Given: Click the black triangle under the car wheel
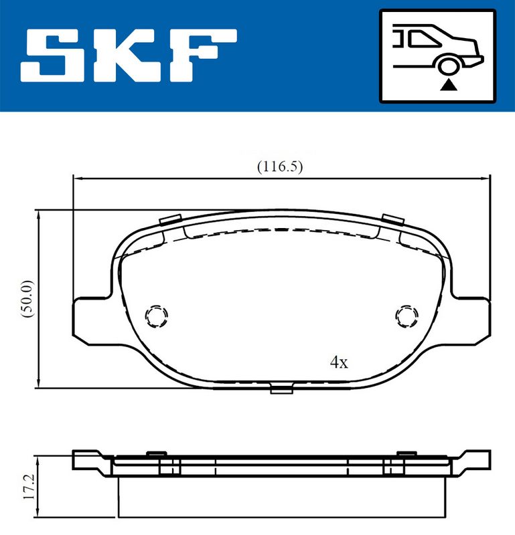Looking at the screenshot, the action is (x=448, y=85).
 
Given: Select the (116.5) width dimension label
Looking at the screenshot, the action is (x=280, y=167).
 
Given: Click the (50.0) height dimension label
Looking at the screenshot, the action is (x=27, y=299).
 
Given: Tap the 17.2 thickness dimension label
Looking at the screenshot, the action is (x=29, y=487).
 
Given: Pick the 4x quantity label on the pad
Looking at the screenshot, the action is (x=339, y=362).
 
